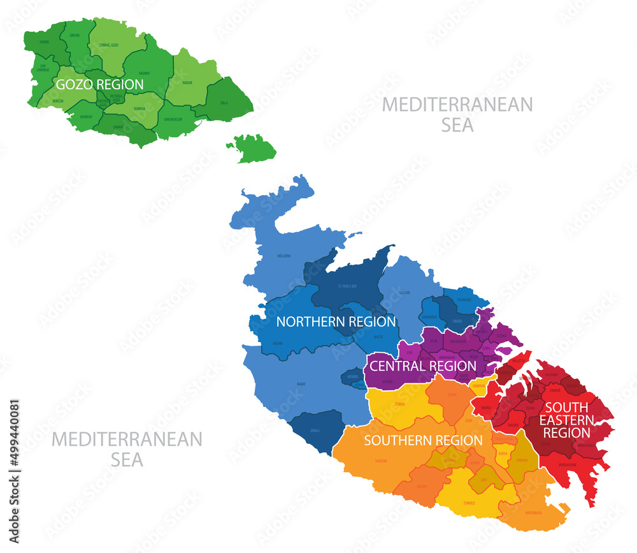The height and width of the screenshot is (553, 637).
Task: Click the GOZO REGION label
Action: click(x=99, y=84)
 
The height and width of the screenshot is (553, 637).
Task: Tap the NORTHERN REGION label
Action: click(x=336, y=322)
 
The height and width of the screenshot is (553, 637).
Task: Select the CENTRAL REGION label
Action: click(x=423, y=366)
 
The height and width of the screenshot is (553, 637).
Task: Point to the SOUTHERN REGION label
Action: click(x=423, y=441)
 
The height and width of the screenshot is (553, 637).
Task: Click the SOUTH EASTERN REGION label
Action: click(x=567, y=419)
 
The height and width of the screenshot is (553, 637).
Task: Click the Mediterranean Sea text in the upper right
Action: click(x=457, y=114)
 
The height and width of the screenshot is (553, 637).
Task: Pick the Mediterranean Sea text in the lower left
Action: click(x=126, y=448)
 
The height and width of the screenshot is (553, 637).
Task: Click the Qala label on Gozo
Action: click(x=224, y=101)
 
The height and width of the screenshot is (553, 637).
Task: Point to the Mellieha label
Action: click(x=284, y=256)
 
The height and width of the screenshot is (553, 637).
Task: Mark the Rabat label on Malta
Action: click(x=301, y=384)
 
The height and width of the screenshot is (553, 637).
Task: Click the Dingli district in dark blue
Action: click(x=315, y=431)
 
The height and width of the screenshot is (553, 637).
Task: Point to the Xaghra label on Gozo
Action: click(x=144, y=73)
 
